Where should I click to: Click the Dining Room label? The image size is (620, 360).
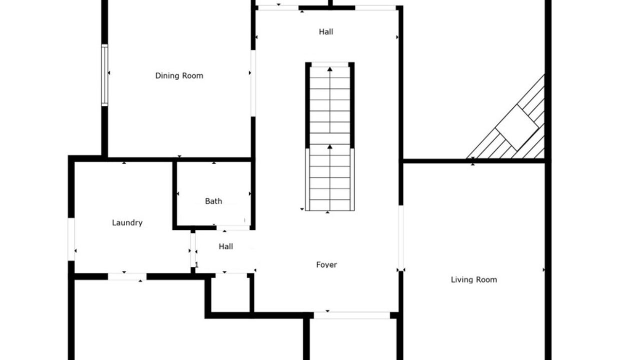(x=179, y=75)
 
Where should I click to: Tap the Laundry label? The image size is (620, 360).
(x=127, y=223)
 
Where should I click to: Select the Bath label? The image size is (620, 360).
(x=213, y=201)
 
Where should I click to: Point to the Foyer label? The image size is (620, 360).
(x=326, y=265)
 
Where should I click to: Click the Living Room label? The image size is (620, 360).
(x=474, y=280)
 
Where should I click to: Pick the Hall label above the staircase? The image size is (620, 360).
(x=326, y=32)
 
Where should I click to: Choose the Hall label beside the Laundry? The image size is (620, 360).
(x=226, y=246)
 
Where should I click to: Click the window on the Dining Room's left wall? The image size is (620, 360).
(x=104, y=75)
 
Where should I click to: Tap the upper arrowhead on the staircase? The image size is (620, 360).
(x=329, y=69)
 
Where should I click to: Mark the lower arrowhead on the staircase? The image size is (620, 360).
(x=329, y=146)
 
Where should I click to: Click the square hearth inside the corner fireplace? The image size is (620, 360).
(x=517, y=128)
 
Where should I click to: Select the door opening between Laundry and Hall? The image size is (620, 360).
(x=193, y=250)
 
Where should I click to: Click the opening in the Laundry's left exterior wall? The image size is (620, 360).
(x=71, y=239)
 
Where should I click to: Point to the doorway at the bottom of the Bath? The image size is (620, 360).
(x=233, y=227)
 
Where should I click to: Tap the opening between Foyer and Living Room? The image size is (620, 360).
(x=401, y=238)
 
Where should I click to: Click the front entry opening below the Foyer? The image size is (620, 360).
(x=352, y=315)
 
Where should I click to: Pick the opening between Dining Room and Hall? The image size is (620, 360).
(x=253, y=83)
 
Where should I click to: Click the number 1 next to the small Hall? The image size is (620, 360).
(x=196, y=265)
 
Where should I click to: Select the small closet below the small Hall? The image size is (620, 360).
(x=230, y=294)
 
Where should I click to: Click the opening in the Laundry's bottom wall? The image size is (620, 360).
(x=127, y=276)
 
